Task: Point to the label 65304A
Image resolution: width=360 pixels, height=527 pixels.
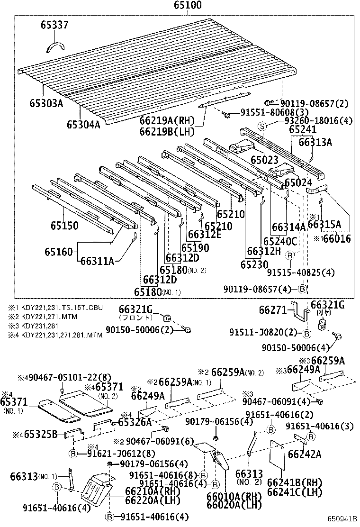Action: pyautogui.click(x=83, y=124)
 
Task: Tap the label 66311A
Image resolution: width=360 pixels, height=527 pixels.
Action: pyautogui.click(x=97, y=260)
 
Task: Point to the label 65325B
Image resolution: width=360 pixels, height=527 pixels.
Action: pyautogui.click(x=41, y=434)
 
